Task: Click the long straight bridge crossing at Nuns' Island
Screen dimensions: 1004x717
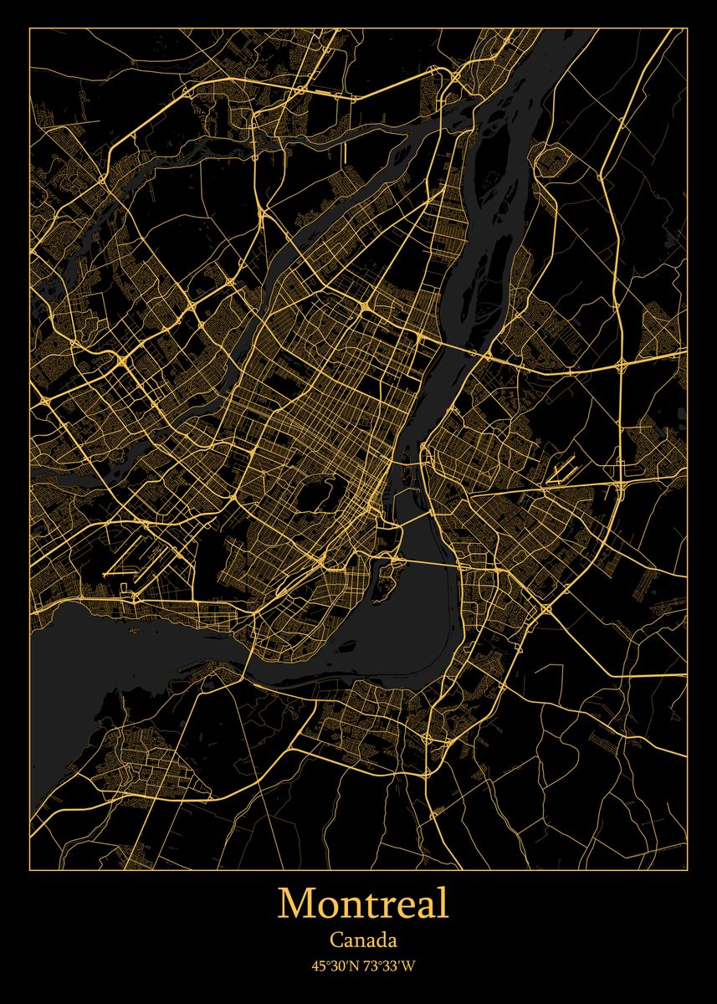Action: click(x=427, y=562)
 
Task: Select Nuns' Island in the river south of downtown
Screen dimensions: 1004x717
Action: click(x=386, y=586)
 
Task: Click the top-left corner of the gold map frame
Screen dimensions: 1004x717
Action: click(x=30, y=28)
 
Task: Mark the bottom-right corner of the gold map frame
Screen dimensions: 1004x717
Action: click(x=687, y=869)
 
